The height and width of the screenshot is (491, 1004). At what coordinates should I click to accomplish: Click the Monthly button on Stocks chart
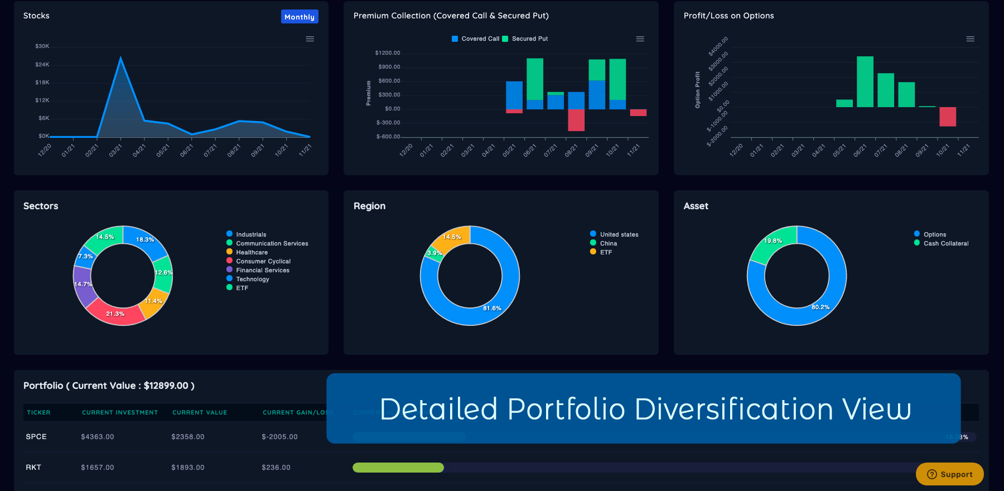[300, 17]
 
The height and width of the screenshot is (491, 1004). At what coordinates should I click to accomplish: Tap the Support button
[949, 474]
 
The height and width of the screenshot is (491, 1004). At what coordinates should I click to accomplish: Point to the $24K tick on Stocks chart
[42, 65]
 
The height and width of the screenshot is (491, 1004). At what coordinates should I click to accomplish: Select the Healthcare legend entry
[252, 252]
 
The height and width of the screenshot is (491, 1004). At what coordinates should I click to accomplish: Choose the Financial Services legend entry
[262, 270]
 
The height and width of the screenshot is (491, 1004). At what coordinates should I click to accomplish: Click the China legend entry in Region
[608, 243]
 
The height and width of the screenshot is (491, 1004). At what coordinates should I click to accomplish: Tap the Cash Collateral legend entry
[945, 243]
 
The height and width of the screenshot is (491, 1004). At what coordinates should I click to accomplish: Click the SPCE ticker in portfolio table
[36, 437]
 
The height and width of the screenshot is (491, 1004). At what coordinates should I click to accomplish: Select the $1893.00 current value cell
[188, 468]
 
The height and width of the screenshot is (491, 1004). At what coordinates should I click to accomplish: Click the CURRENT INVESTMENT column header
[120, 413]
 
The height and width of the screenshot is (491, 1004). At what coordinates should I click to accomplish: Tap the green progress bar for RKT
[398, 468]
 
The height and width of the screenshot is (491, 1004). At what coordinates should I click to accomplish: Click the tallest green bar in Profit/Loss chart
[865, 81]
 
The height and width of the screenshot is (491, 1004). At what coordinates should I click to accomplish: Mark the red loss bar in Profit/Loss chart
[948, 117]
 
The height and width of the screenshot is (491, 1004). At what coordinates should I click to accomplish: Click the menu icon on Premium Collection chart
[640, 39]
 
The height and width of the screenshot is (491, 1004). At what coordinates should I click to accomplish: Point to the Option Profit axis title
[698, 89]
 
